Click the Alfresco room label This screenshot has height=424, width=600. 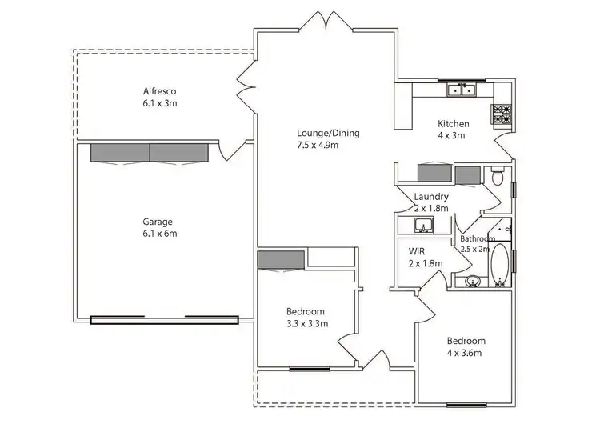pos(154,90)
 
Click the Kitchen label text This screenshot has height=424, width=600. pos(453,124)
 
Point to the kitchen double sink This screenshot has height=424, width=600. pos(461,90)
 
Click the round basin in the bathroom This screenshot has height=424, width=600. pos(472,281)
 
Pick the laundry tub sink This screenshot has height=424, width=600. pos(422,225)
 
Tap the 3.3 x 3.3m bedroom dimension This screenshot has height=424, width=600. pos(307,323)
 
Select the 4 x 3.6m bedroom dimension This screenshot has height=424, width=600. pos(467,352)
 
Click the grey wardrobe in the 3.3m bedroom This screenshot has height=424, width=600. pos(281,260)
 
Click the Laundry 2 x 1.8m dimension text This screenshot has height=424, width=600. pos(430,208)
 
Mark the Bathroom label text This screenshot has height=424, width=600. pos(478,238)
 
